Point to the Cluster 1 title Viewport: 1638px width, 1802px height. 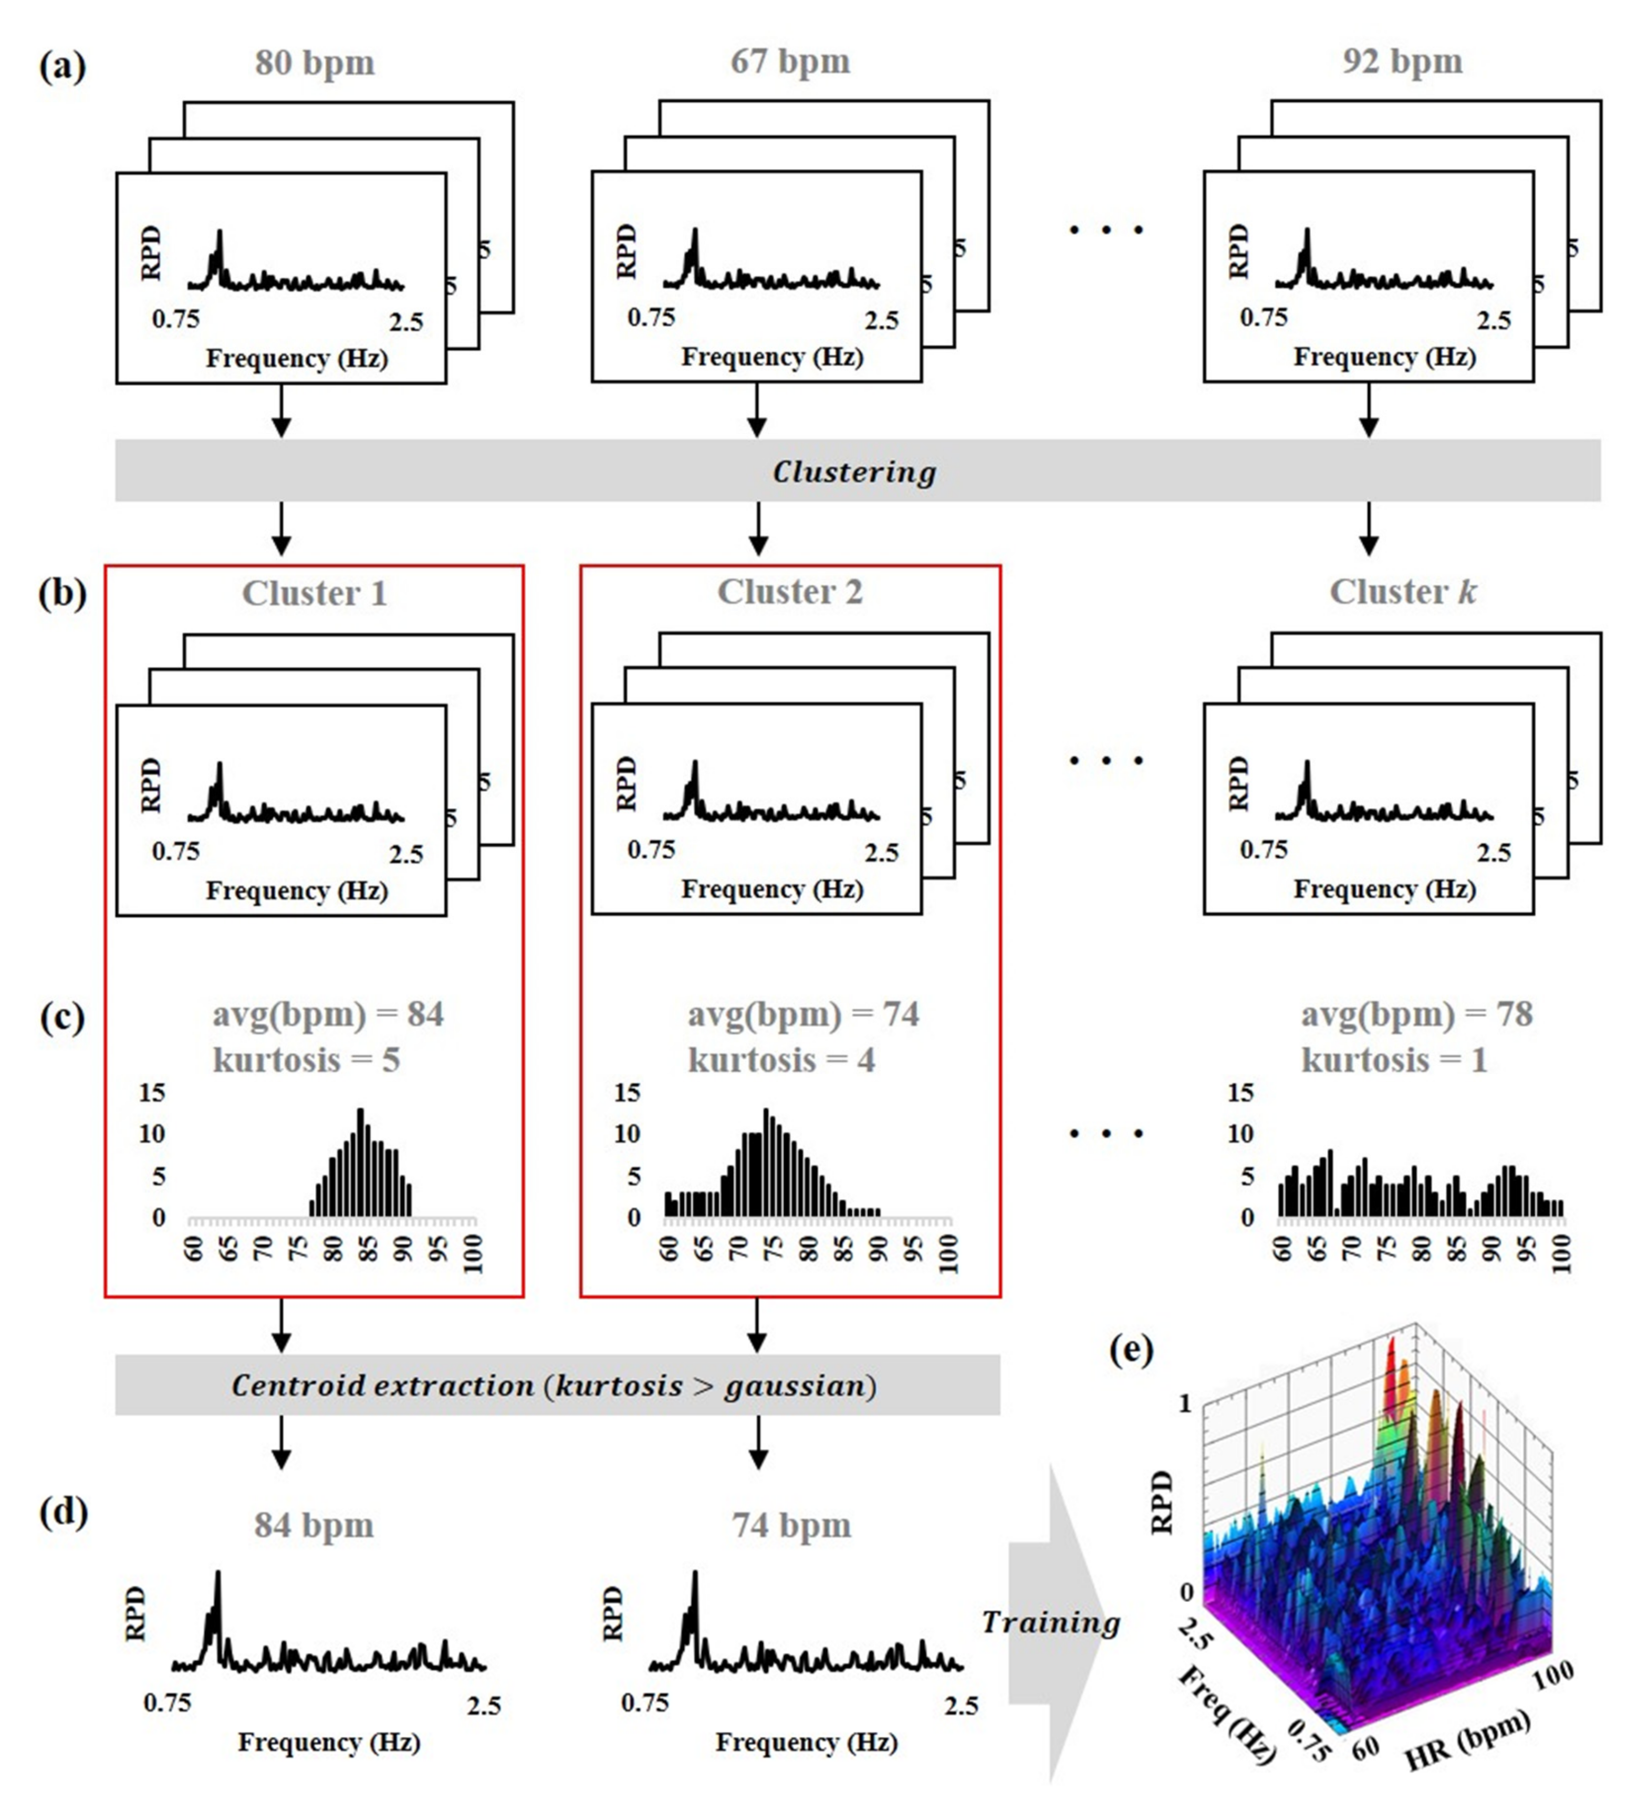click(x=315, y=593)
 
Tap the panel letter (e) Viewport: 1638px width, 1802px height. click(x=1131, y=1350)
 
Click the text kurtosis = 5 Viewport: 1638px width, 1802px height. click(x=306, y=1060)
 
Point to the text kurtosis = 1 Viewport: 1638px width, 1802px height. click(x=1393, y=1060)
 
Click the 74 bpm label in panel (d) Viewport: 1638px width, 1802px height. click(x=791, y=1525)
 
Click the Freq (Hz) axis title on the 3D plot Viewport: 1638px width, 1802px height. click(x=1227, y=1714)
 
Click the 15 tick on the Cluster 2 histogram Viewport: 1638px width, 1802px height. click(x=628, y=1092)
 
